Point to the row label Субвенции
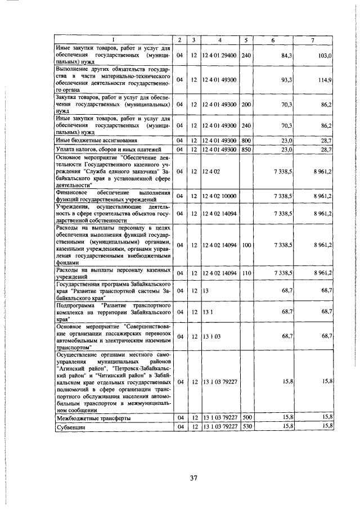(x=70, y=427)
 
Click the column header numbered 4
(x=220, y=40)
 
